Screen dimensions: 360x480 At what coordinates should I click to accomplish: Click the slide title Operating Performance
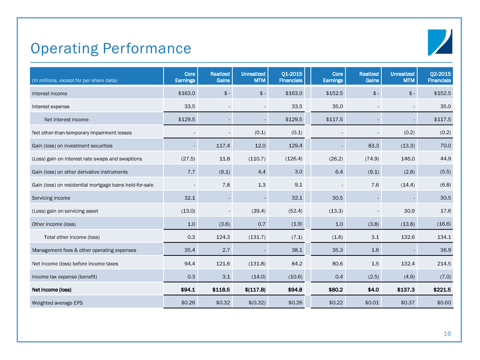[x=111, y=49]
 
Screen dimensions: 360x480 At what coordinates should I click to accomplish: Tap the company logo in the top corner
[x=440, y=42]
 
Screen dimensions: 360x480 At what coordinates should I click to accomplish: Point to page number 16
[x=447, y=333]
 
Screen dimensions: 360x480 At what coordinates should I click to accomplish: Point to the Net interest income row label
[x=66, y=119]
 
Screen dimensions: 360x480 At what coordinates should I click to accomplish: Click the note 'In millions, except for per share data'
[x=75, y=81]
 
